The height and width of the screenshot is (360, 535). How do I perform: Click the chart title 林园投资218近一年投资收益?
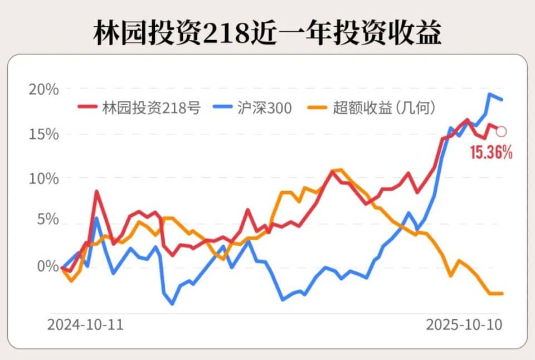tap(267, 33)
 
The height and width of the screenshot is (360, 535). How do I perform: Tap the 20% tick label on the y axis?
tap(43, 89)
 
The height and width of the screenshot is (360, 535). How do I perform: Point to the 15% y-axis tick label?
tap(43, 134)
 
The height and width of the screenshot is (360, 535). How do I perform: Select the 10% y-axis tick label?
tap(43, 178)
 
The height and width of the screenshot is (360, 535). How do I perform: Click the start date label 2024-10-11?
tap(85, 324)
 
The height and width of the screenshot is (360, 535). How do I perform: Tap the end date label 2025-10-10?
tap(464, 324)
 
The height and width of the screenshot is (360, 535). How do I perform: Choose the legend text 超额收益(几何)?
tap(383, 108)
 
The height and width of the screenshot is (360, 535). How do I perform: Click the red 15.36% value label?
tap(491, 152)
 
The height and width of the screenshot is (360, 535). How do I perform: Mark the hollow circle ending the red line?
tap(501, 132)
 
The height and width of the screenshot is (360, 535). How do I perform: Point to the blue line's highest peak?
tap(490, 94)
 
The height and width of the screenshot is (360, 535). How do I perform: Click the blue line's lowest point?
tap(172, 304)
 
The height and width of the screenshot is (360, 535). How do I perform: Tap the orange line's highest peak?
tap(340, 169)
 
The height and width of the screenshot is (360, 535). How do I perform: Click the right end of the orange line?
tap(502, 293)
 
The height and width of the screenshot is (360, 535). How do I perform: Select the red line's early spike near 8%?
tap(96, 191)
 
